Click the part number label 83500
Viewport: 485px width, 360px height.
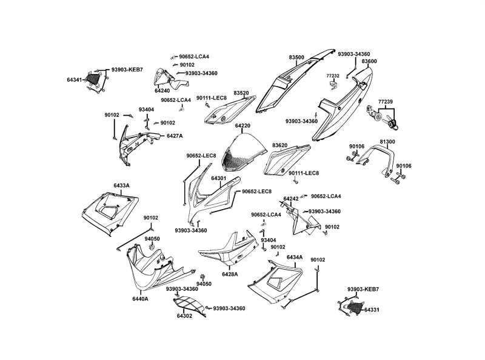click(x=296, y=57)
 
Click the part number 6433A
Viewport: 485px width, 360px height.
click(x=121, y=185)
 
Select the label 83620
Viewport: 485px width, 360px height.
click(x=279, y=145)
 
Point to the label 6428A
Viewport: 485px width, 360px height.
click(x=230, y=275)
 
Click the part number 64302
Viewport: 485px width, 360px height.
click(x=185, y=316)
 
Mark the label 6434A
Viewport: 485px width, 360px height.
click(x=295, y=258)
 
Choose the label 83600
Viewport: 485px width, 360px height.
click(x=369, y=61)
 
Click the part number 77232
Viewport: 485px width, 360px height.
click(x=332, y=76)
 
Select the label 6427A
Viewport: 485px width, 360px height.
click(x=175, y=136)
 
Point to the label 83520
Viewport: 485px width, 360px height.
click(x=242, y=93)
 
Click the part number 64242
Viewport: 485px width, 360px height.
click(x=291, y=199)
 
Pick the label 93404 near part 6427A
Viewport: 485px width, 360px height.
click(x=146, y=110)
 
